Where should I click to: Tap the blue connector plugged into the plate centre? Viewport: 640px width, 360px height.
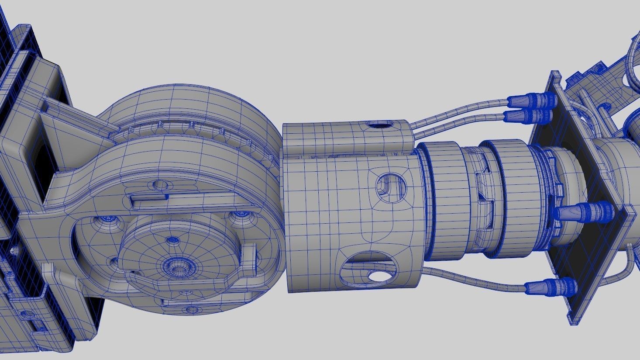tap(585, 211)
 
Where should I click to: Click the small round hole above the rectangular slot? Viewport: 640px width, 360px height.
tap(160, 185)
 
